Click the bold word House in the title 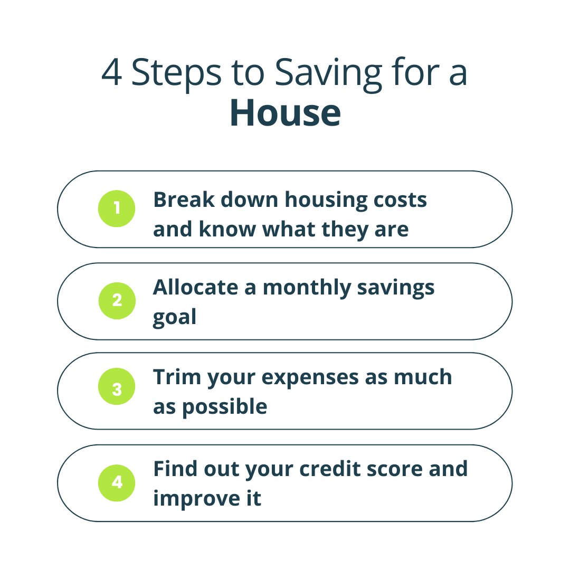(285, 113)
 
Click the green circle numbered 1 (117, 208)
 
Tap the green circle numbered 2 (117, 301)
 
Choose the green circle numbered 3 (117, 389)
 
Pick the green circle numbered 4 (117, 482)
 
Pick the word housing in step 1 (324, 201)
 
